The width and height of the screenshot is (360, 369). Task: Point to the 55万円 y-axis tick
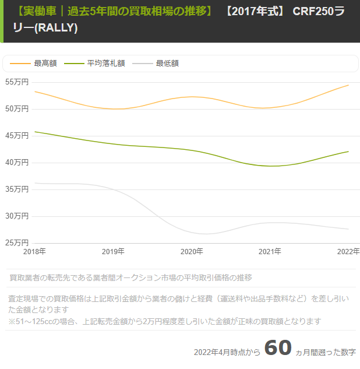[x=17, y=82]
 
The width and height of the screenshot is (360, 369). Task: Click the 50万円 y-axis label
[x=17, y=109]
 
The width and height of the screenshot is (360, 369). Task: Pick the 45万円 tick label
[x=17, y=136]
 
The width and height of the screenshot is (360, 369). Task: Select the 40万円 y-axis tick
[x=17, y=163]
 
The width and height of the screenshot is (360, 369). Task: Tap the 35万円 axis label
[x=17, y=189]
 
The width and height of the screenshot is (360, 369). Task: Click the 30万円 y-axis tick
[x=17, y=216]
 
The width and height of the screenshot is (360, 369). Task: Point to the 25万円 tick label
[x=17, y=243]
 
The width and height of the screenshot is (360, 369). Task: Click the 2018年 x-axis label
[x=34, y=251]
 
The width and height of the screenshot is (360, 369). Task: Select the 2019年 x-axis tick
[x=113, y=251]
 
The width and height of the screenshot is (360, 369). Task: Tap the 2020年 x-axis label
[x=192, y=251]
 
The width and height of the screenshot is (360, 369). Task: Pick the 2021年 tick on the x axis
[x=270, y=251]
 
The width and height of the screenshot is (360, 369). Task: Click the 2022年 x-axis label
[x=348, y=251]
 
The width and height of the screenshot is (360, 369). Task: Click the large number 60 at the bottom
[x=278, y=347]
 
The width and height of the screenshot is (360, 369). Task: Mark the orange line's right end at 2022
[x=348, y=85]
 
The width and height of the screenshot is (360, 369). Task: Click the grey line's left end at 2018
[x=35, y=183]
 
